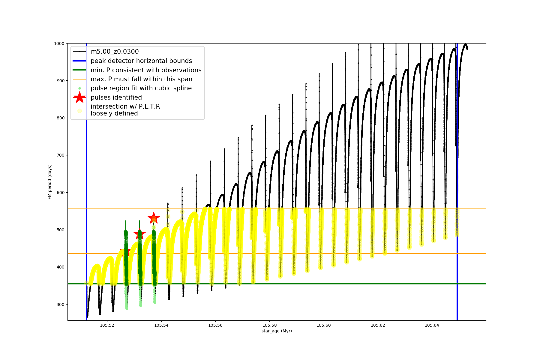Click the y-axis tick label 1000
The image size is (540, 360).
click(x=59, y=43)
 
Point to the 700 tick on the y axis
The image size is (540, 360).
click(x=60, y=155)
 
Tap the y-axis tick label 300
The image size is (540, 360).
click(x=60, y=304)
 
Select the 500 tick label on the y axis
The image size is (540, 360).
click(x=60, y=230)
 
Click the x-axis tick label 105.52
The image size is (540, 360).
click(x=107, y=325)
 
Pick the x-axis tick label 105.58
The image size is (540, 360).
click(x=269, y=325)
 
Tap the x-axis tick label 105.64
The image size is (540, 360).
click(x=432, y=325)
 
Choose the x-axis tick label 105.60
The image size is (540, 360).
click(x=324, y=325)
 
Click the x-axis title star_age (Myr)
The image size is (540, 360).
click(x=277, y=331)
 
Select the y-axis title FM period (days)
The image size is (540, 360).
click(x=50, y=182)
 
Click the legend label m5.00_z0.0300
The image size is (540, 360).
click(x=115, y=52)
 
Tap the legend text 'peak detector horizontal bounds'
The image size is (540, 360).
click(x=141, y=61)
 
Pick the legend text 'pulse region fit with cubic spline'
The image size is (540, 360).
click(x=141, y=88)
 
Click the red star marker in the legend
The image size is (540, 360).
click(x=79, y=97)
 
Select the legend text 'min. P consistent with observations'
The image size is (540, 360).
click(x=146, y=70)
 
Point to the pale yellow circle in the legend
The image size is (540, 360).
click(x=79, y=111)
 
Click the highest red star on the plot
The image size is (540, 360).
click(x=154, y=218)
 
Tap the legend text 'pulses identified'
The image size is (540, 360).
click(x=116, y=97)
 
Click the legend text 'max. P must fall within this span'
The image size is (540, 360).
click(x=141, y=79)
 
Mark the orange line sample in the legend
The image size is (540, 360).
click(x=79, y=79)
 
